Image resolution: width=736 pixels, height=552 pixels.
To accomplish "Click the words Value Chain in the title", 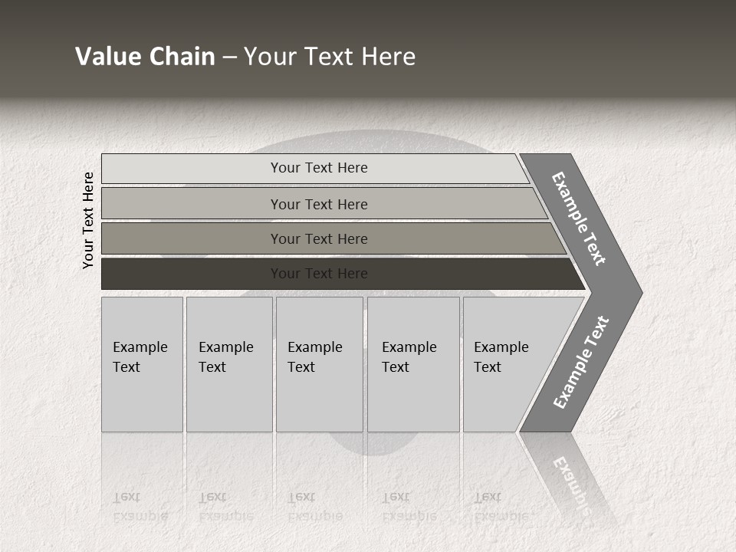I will click(x=145, y=57).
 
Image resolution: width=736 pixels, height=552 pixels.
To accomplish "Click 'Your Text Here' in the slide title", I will click(x=330, y=57).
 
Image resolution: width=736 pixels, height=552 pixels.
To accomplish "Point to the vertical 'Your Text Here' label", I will click(x=88, y=220).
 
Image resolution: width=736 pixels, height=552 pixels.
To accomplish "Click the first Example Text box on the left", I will click(x=142, y=364).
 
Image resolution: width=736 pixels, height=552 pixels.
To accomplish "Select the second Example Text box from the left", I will click(x=228, y=364).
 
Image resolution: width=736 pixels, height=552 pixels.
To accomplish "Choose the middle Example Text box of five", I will click(x=319, y=364).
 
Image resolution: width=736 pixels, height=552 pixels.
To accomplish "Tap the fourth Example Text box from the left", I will click(x=413, y=364).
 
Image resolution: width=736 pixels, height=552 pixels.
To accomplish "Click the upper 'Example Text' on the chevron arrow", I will click(x=579, y=219).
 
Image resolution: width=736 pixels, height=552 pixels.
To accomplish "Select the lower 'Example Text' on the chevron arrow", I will click(x=580, y=363).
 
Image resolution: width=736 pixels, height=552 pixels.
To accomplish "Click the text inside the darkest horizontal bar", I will click(x=319, y=274).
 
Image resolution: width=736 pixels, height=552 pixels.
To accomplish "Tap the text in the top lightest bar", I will click(x=319, y=168).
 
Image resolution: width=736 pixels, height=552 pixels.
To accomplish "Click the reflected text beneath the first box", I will click(x=140, y=506).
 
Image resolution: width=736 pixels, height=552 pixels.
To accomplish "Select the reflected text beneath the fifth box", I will click(x=501, y=506).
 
